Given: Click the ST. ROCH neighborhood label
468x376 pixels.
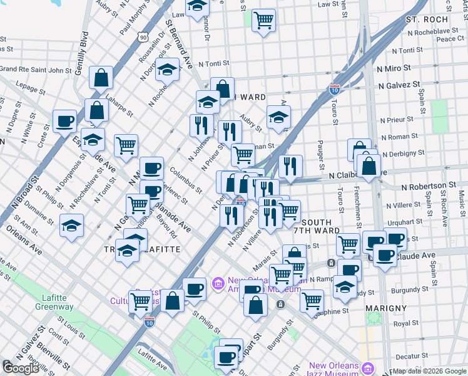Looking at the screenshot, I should point(427,19).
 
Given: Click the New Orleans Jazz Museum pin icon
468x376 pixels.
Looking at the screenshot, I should point(369,367).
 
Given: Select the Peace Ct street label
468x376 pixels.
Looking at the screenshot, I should point(450,39).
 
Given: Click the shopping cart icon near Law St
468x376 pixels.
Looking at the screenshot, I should point(264,19).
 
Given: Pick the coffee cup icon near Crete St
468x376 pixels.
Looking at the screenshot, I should point(64,120).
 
